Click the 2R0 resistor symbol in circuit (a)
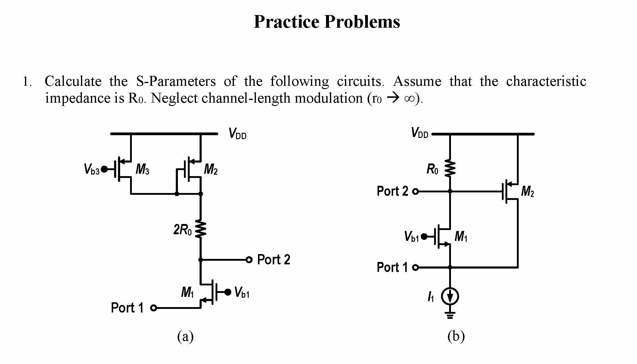click(201, 229)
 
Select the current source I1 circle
click(450, 297)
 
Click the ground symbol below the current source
click(450, 315)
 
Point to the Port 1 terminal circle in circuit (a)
click(154, 308)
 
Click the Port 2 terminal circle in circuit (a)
click(249, 260)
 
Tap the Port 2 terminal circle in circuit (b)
click(415, 191)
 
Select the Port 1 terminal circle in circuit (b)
click(415, 267)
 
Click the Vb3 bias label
click(92, 169)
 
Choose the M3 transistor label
click(142, 170)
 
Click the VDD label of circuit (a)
click(237, 133)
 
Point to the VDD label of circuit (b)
click(419, 132)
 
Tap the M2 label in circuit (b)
click(527, 191)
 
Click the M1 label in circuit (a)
click(187, 292)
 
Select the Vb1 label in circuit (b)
click(412, 237)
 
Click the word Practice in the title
click(286, 22)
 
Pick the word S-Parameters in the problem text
click(176, 81)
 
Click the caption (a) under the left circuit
click(185, 336)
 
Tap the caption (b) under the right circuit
click(456, 336)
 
